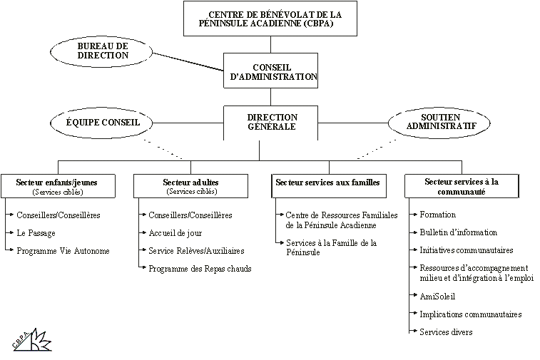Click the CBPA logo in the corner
pyautogui.click(x=32, y=340)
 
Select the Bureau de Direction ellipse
pyautogui.click(x=101, y=52)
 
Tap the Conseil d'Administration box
pyautogui.click(x=270, y=71)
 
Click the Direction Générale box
pyautogui.click(x=270, y=123)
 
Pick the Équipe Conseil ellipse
pyautogui.click(x=101, y=123)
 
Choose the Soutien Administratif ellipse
pyautogui.click(x=439, y=123)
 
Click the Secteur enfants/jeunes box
pyautogui.click(x=58, y=186)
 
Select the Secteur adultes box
pyautogui.click(x=190, y=186)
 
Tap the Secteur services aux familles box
pyautogui.click(x=329, y=186)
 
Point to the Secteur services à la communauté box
pyautogui.click(x=462, y=186)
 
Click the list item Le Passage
pyautogui.click(x=36, y=233)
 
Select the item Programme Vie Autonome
pyautogui.click(x=63, y=251)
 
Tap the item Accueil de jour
pyautogui.click(x=175, y=233)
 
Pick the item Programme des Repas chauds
pyautogui.click(x=200, y=269)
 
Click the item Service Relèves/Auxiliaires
pyautogui.click(x=196, y=251)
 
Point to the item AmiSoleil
pyautogui.click(x=437, y=297)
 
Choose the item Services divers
pyautogui.click(x=446, y=332)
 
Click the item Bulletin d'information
pyautogui.click(x=459, y=232)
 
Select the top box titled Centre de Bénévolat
pyautogui.click(x=270, y=19)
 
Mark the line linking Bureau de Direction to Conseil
pyautogui.click(x=188, y=62)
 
